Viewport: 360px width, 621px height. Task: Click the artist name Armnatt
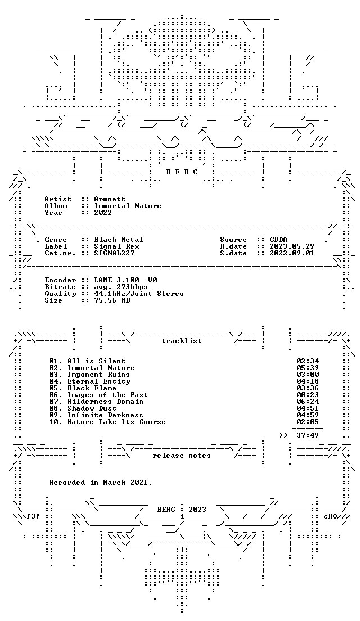(x=110, y=199)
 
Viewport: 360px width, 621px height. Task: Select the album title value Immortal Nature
(x=128, y=206)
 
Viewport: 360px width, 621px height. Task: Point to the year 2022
(x=103, y=213)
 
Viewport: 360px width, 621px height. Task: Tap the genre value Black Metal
(x=119, y=240)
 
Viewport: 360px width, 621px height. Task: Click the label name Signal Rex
(x=116, y=246)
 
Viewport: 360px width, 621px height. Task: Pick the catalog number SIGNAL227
(x=114, y=253)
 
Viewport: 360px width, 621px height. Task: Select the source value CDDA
(x=278, y=240)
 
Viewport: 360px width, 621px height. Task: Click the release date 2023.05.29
(x=292, y=246)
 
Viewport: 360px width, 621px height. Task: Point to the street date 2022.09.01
(x=292, y=253)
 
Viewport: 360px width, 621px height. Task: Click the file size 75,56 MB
(x=112, y=300)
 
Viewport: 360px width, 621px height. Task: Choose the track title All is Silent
(x=96, y=361)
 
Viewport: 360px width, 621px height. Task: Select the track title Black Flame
(x=92, y=388)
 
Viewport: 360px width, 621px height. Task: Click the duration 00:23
(x=308, y=395)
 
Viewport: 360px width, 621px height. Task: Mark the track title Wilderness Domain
(x=105, y=402)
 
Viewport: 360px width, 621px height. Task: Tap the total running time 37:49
(x=308, y=435)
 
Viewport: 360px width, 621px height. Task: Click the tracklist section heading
(x=181, y=341)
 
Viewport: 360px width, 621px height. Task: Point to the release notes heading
(x=181, y=456)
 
